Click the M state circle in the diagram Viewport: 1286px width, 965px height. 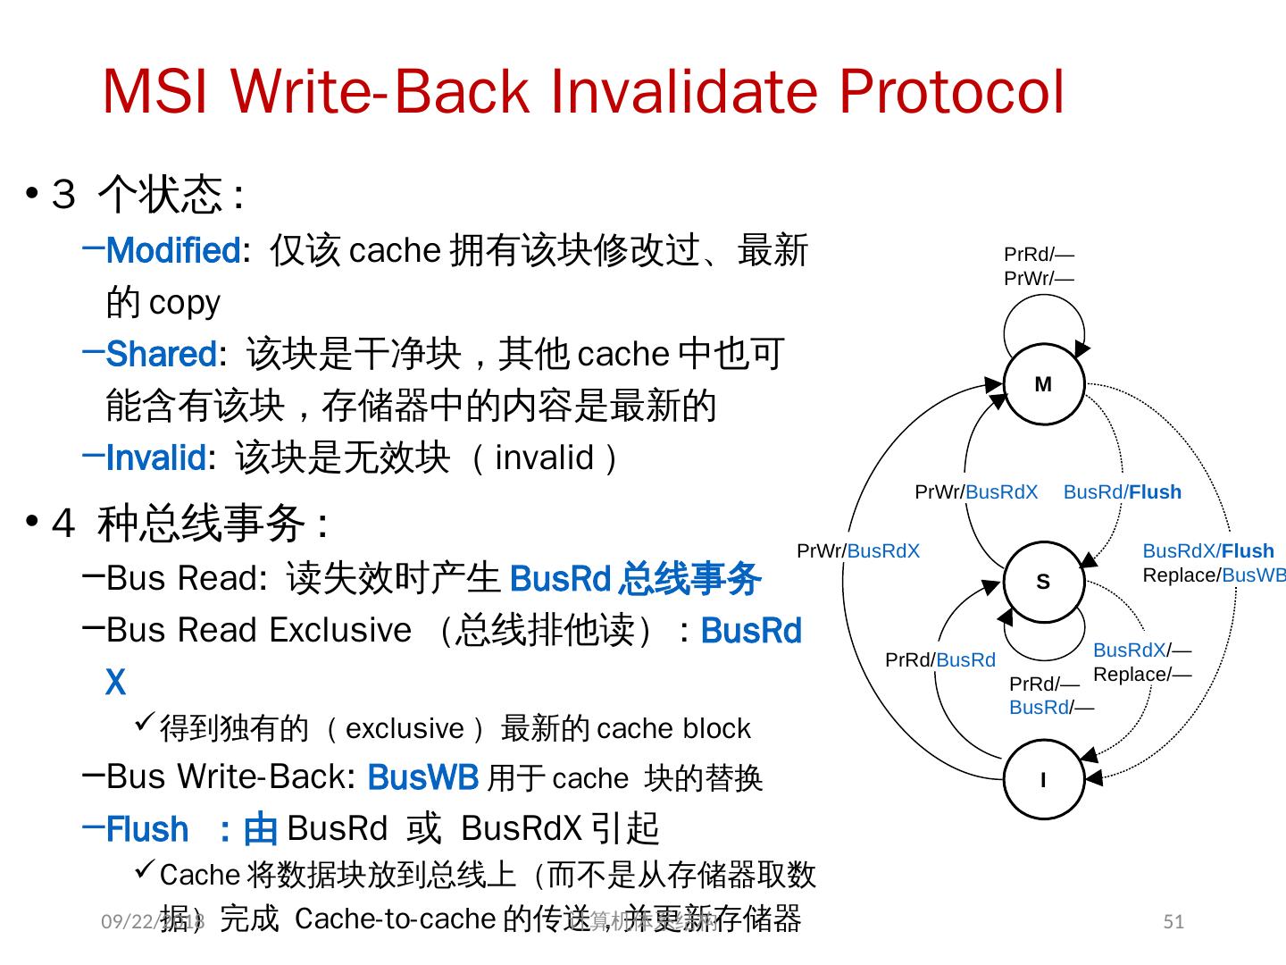point(1043,384)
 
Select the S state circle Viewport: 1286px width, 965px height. point(1043,582)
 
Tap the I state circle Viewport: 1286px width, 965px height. point(1043,779)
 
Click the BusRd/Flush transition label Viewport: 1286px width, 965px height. point(1122,492)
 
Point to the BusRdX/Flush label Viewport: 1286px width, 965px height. point(1207,551)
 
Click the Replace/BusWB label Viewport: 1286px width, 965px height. point(1213,575)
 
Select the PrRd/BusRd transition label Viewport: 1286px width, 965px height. point(939,660)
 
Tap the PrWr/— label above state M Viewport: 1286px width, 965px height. point(1039,279)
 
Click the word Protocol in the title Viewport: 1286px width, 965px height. point(951,92)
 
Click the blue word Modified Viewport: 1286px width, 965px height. point(172,251)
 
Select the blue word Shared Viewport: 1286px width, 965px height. point(161,355)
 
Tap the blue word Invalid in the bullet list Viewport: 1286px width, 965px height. point(156,458)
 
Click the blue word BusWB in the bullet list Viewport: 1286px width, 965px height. point(422,778)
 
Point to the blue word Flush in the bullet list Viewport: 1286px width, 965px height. point(147,830)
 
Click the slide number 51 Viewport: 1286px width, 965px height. point(1173,922)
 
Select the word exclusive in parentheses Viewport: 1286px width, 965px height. point(405,729)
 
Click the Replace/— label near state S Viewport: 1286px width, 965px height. point(1141,675)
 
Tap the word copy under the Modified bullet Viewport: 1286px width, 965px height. point(184,303)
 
